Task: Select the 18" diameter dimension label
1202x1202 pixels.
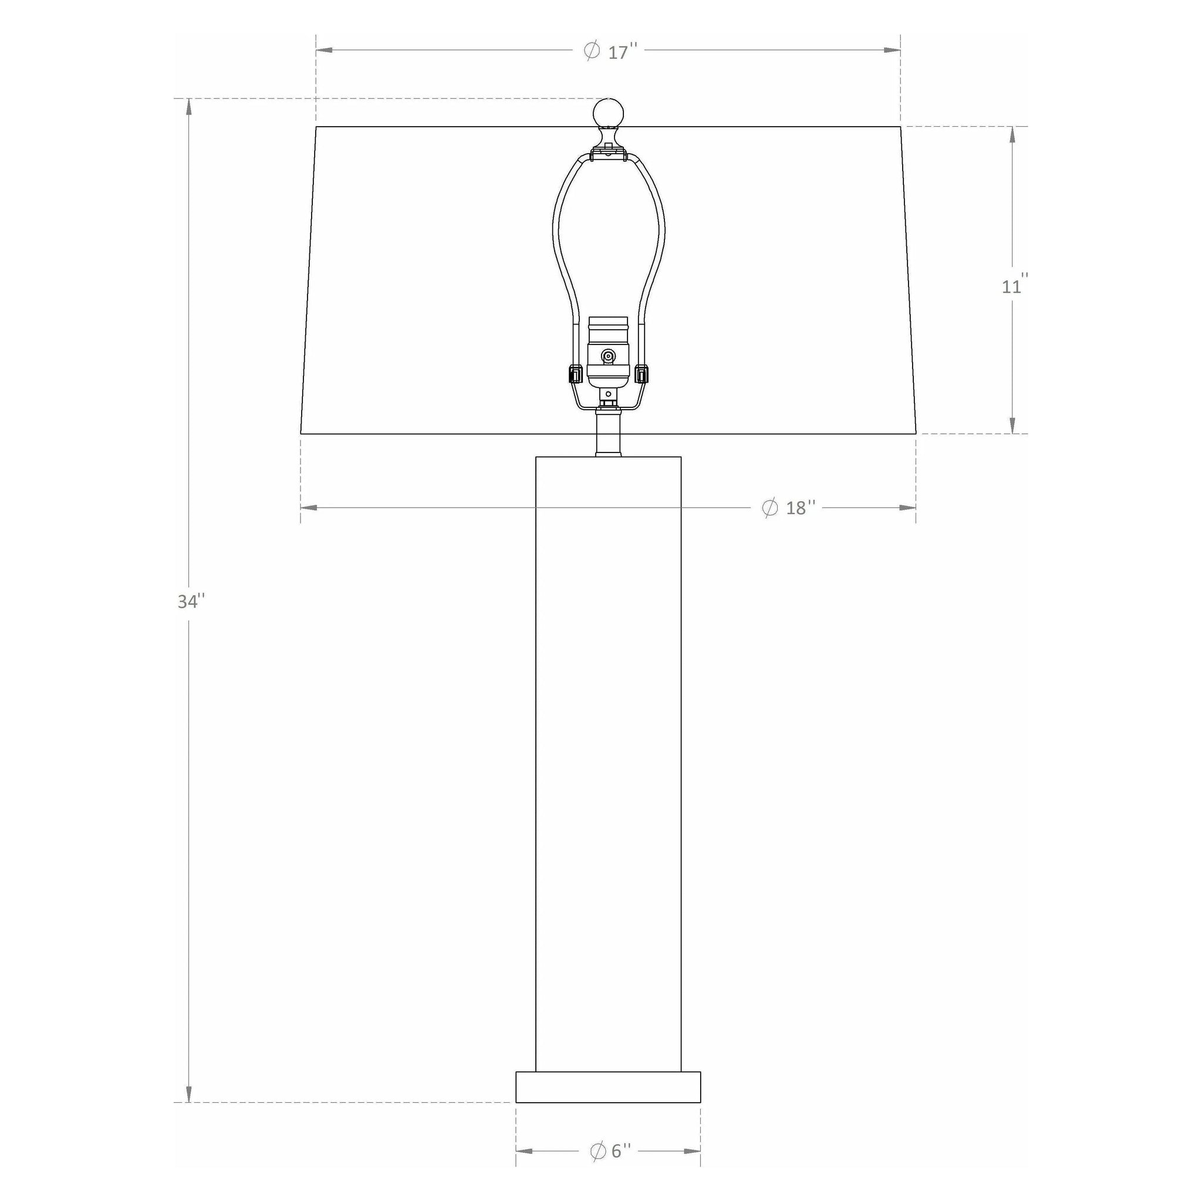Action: pos(788,508)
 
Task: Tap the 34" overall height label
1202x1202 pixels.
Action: pos(191,602)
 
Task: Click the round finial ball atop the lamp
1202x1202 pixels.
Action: pos(608,113)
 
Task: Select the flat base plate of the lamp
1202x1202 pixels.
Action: pos(608,1087)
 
